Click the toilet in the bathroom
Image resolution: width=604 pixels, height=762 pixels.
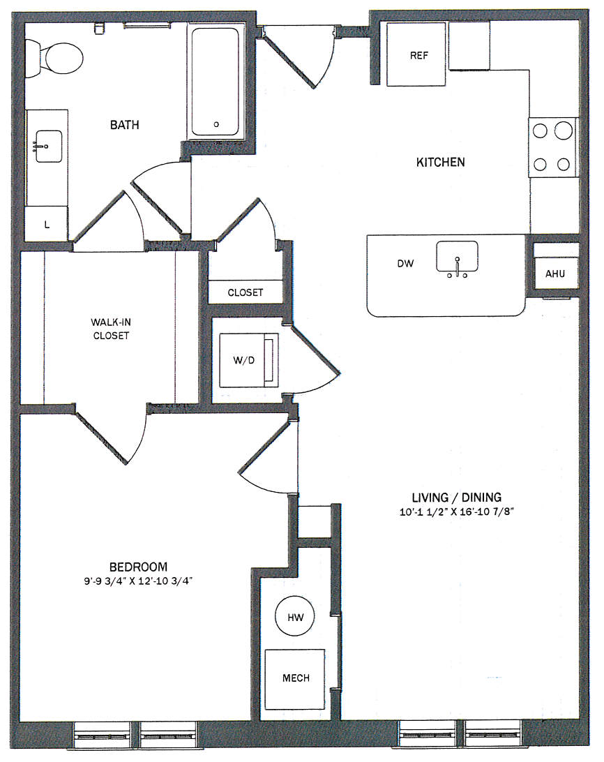[x=54, y=59]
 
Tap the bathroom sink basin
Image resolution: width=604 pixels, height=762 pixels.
[x=49, y=147]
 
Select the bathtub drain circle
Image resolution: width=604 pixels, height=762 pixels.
[x=216, y=124]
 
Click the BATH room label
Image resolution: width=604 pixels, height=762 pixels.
[x=124, y=125]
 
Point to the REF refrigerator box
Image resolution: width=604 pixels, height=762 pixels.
[x=416, y=54]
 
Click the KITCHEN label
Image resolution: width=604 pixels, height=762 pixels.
[x=440, y=162]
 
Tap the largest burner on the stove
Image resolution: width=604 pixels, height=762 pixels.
[x=563, y=130]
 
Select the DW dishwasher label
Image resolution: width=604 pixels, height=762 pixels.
[x=405, y=263]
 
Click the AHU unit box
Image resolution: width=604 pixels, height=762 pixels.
[x=555, y=274]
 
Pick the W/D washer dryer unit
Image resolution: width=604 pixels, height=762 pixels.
[x=249, y=360]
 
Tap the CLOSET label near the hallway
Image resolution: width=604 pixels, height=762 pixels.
[x=246, y=292]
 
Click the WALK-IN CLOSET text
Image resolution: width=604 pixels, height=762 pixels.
[x=111, y=329]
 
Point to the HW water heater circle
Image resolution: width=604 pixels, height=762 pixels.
[x=295, y=616]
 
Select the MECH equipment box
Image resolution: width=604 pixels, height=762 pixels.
[x=294, y=679]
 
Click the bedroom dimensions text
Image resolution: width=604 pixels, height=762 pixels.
[x=138, y=581]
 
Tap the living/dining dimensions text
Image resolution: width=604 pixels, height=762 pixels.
[x=456, y=511]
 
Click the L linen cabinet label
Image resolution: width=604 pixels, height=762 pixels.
[x=47, y=225]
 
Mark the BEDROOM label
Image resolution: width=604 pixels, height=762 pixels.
[x=139, y=567]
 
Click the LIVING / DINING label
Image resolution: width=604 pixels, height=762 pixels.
[x=456, y=497]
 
